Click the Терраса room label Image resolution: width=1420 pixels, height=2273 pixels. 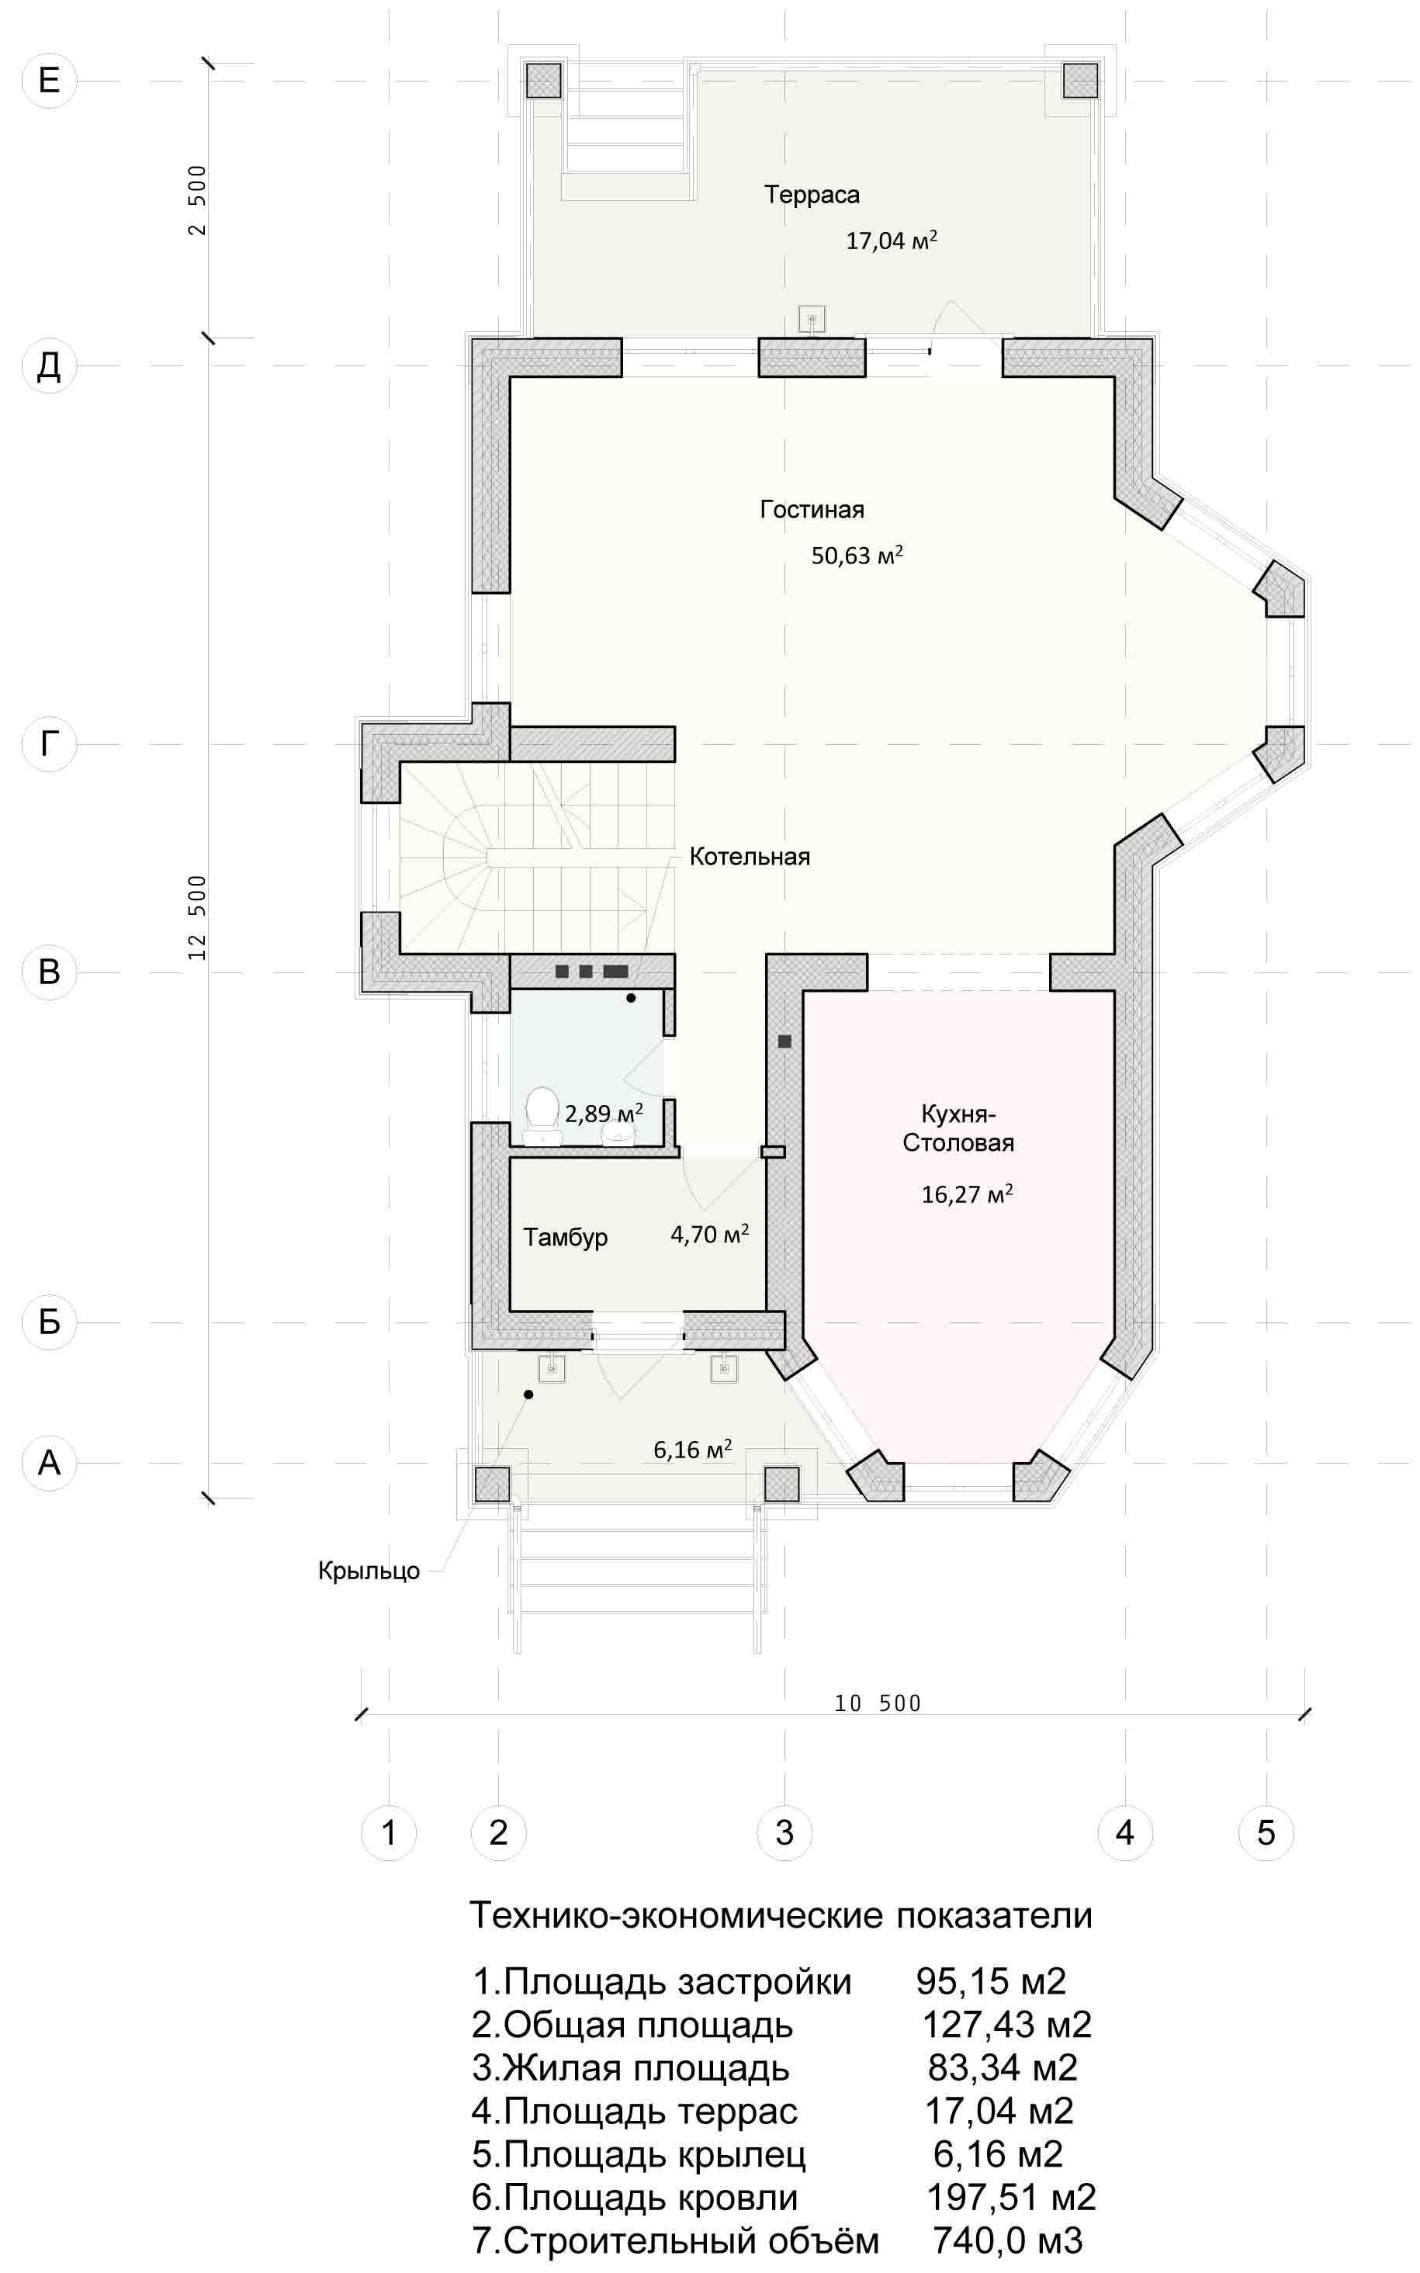point(812,195)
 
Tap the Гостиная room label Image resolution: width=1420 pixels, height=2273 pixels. point(812,509)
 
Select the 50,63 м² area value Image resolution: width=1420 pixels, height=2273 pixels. point(857,554)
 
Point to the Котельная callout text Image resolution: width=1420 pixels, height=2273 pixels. point(750,857)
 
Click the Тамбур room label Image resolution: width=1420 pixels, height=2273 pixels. point(566,1238)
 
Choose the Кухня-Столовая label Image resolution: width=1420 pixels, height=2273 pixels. point(958,1128)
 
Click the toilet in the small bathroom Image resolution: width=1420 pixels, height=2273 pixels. point(541,1113)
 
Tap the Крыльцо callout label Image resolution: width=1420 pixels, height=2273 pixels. point(369,1571)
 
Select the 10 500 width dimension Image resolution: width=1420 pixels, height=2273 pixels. point(877,1703)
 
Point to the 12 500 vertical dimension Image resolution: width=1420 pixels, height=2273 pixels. point(197,916)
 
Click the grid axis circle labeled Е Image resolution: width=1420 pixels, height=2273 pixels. point(49,81)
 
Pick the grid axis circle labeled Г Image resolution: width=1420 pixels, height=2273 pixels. point(49,744)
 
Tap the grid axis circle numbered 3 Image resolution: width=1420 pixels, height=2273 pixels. point(784,1831)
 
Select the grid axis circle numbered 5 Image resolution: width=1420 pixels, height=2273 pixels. point(1266,1831)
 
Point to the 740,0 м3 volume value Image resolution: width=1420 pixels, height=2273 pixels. point(1008,2240)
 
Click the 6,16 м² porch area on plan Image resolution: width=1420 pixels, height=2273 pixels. point(692,1450)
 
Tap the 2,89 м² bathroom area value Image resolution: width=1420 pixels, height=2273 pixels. point(603,1114)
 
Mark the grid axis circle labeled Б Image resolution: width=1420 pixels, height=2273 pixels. point(49,1322)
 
